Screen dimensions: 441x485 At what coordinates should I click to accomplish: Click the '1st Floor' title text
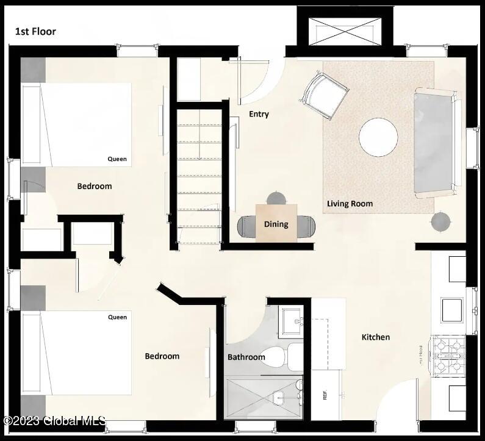35,31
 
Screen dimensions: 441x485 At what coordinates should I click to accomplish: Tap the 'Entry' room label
259,114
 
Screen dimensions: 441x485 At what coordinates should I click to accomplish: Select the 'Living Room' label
350,204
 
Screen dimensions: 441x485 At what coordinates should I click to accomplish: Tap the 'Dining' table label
276,224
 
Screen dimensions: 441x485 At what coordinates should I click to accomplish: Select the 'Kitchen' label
376,337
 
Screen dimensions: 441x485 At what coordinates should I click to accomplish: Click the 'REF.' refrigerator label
324,395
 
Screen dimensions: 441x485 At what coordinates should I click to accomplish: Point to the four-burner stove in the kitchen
448,356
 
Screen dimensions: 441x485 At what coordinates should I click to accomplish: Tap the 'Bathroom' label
246,357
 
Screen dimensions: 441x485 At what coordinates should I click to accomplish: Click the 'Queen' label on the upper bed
117,159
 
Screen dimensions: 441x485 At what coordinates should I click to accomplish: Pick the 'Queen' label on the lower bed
117,317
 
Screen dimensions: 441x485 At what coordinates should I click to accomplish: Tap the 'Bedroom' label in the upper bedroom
95,186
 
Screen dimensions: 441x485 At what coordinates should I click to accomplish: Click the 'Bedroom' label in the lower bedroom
162,356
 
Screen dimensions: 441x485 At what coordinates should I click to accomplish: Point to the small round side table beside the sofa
440,222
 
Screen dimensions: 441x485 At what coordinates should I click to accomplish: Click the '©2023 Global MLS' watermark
54,420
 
